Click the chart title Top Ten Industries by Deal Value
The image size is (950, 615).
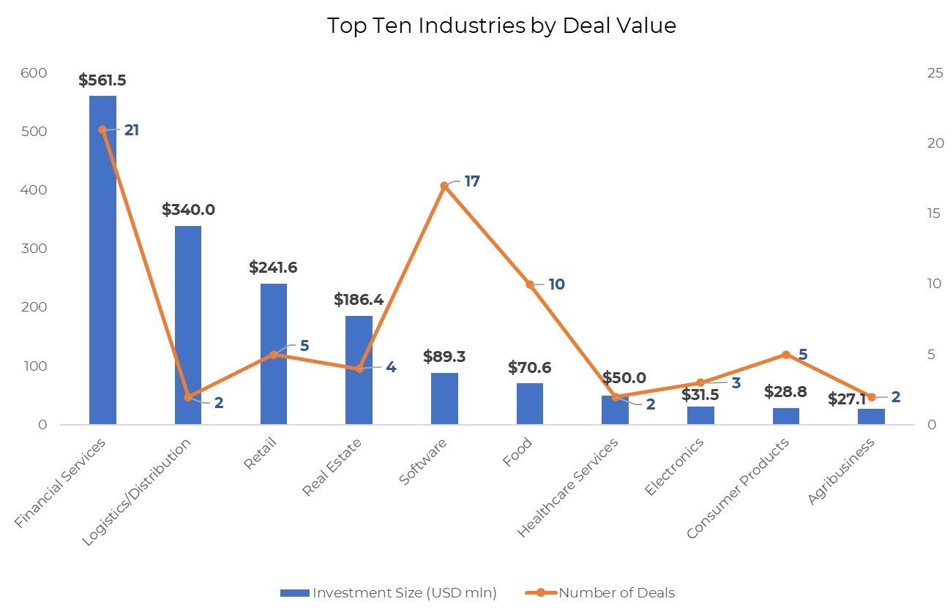coord(501,26)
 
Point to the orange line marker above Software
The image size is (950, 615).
coord(444,186)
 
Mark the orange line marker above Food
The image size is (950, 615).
coord(530,284)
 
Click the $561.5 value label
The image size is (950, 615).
coord(102,80)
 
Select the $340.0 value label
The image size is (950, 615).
coord(188,210)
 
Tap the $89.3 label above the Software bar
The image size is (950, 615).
coord(444,357)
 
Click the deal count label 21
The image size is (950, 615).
coord(132,130)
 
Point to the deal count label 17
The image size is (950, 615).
coord(472,181)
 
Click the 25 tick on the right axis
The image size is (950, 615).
coord(914,73)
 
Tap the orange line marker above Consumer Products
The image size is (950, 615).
coord(786,355)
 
